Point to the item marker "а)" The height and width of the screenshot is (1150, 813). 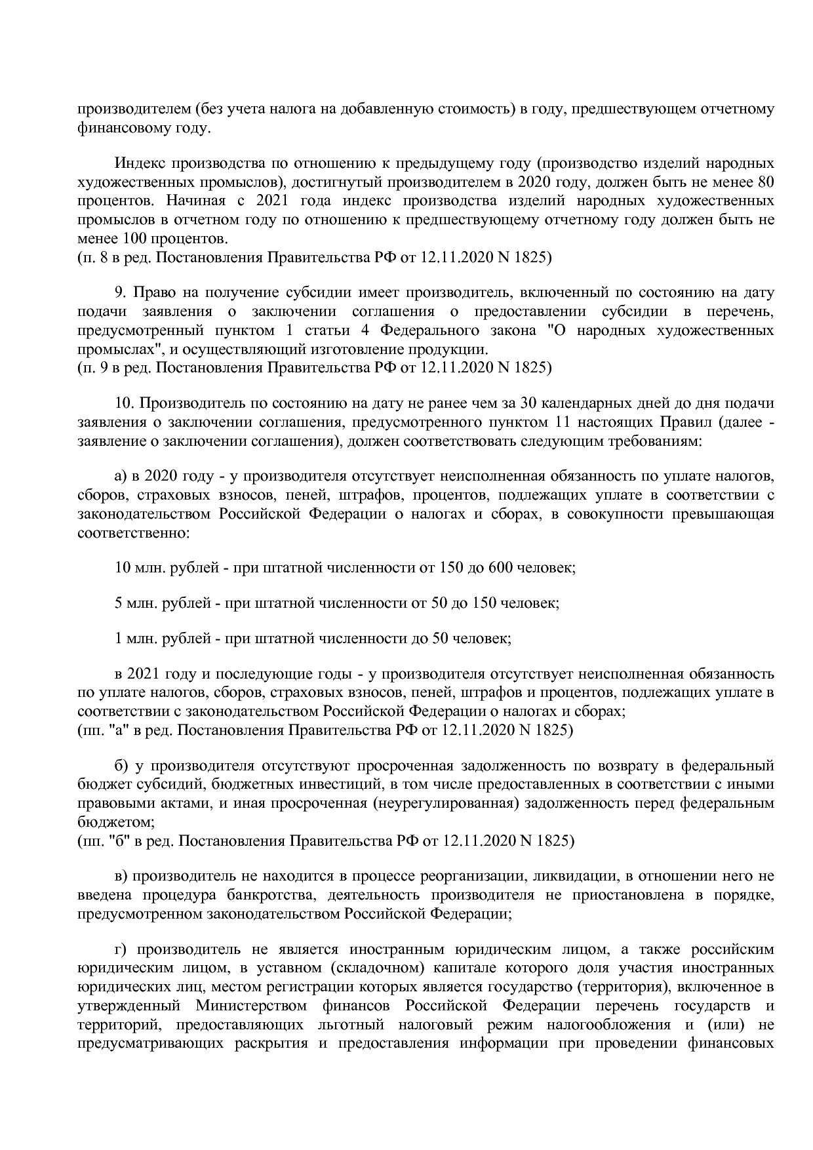click(121, 475)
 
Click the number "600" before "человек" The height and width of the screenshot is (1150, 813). click(500, 568)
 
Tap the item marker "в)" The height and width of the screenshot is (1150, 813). click(121, 876)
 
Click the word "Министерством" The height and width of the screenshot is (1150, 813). click(250, 1006)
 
